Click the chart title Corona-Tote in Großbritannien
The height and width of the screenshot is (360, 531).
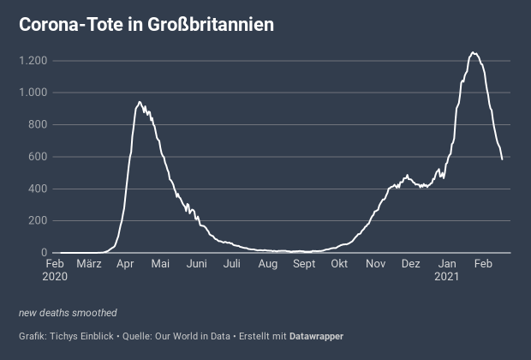pyautogui.click(x=146, y=25)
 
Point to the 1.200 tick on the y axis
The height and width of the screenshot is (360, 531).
pyautogui.click(x=33, y=61)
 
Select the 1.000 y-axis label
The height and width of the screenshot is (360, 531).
pyautogui.click(x=33, y=93)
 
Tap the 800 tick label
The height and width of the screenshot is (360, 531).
pyautogui.click(x=37, y=125)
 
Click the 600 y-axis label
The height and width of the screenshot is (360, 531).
pyautogui.click(x=37, y=157)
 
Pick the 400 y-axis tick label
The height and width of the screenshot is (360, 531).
pyautogui.click(x=37, y=189)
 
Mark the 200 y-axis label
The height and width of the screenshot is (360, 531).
pyautogui.click(x=37, y=221)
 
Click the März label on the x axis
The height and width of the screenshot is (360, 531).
pyautogui.click(x=89, y=264)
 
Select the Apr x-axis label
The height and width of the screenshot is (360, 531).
pyautogui.click(x=125, y=264)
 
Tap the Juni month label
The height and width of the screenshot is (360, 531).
pyautogui.click(x=197, y=264)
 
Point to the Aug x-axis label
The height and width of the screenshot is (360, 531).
pyautogui.click(x=268, y=264)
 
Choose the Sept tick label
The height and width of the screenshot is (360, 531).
pyautogui.click(x=304, y=264)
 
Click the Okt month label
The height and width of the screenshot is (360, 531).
pyautogui.click(x=339, y=264)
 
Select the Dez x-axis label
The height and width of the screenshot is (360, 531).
pyautogui.click(x=410, y=264)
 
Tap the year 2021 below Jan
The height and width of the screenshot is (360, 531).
pyautogui.click(x=446, y=277)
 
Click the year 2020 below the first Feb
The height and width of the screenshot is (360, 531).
pyautogui.click(x=54, y=277)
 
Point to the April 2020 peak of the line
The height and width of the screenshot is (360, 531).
pyautogui.click(x=139, y=103)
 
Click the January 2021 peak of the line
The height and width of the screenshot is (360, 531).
pyautogui.click(x=474, y=53)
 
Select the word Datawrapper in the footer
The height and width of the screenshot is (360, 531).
pyautogui.click(x=316, y=336)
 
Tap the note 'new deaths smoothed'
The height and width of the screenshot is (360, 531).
pyautogui.click(x=68, y=313)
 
